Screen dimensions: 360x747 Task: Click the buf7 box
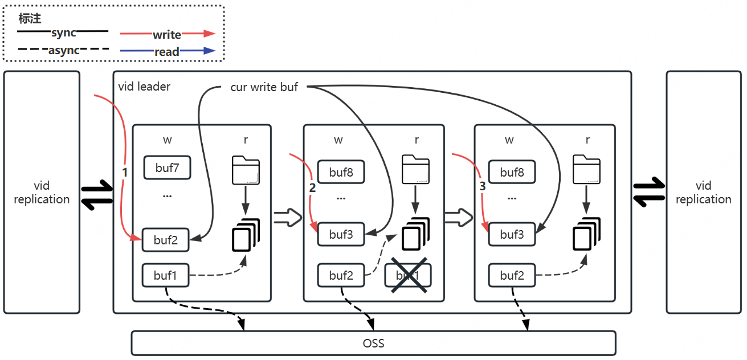166,167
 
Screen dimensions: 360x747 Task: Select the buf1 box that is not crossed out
166,275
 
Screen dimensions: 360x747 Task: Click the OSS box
373,343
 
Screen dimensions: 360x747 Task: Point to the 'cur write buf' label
264,87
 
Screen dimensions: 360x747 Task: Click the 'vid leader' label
144,87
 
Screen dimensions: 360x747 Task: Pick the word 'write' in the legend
167,35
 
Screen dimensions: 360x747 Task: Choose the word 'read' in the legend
167,52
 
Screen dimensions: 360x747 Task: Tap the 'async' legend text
63,50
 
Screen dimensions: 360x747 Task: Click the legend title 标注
30,19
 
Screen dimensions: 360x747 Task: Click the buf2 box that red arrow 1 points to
166,240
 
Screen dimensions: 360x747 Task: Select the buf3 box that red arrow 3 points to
512,234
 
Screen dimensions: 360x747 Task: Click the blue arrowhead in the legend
210,51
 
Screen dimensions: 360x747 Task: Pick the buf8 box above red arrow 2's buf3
341,172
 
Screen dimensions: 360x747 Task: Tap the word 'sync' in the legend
63,33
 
